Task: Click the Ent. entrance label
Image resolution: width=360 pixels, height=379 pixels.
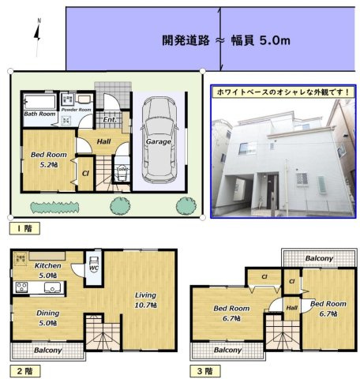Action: pyautogui.click(x=110, y=120)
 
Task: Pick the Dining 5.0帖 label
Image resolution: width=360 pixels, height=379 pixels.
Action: pyautogui.click(x=47, y=317)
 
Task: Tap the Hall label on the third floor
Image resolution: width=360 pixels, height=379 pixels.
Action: pyautogui.click(x=291, y=308)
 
